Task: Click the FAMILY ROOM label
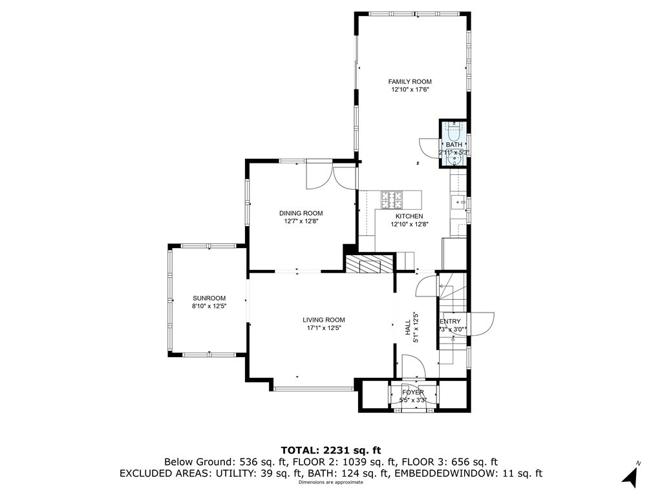409,81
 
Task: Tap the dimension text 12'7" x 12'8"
301,221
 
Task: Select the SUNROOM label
209,298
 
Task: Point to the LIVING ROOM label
323,320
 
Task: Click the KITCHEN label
409,216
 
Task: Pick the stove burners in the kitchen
390,198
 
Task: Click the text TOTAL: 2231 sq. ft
331,450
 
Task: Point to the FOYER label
413,392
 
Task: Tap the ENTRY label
451,322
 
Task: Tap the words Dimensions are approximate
330,482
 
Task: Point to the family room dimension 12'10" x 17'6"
409,90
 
